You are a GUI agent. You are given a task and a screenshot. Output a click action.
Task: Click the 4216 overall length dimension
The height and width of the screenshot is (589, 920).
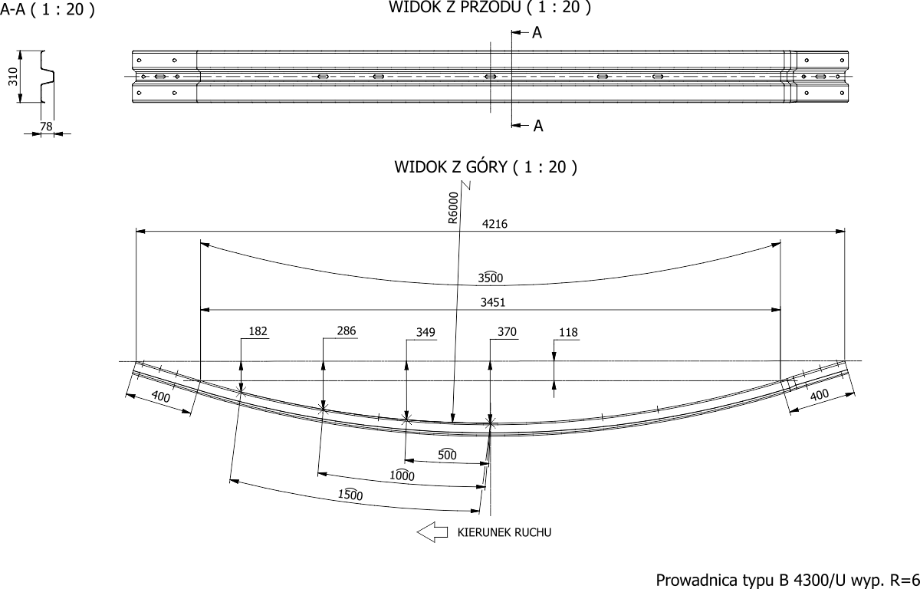(x=495, y=224)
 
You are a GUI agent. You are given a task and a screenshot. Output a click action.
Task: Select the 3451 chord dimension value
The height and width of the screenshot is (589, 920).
(x=493, y=303)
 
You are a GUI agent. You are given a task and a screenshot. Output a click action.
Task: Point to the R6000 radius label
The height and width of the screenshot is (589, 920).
(x=453, y=207)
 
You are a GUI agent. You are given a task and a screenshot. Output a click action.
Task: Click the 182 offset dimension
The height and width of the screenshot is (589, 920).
(x=258, y=332)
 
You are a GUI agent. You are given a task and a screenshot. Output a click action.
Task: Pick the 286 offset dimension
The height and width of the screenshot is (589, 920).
(x=347, y=331)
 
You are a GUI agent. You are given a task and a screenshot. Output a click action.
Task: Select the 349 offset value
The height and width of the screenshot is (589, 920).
(x=426, y=332)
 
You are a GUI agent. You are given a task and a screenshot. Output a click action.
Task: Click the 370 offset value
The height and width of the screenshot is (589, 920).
(x=507, y=332)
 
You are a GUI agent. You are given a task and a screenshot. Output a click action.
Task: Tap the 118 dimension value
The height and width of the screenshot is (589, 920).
(x=568, y=332)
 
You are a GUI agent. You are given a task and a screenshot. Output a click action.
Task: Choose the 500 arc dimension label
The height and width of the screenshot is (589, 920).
(x=447, y=455)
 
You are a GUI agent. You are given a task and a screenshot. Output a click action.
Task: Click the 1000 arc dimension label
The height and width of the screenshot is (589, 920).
(x=402, y=476)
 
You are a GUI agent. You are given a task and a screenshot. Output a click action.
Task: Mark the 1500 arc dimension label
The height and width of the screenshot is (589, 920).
(x=350, y=495)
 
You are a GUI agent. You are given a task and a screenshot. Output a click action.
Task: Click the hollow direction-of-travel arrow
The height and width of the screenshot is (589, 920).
(x=432, y=531)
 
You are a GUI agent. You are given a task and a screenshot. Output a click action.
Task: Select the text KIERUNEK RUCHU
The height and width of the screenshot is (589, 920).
(x=504, y=531)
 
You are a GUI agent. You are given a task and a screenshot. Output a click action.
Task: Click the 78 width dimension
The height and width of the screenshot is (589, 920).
(x=47, y=127)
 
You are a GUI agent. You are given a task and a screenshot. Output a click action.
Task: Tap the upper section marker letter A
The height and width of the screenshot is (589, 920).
(x=537, y=33)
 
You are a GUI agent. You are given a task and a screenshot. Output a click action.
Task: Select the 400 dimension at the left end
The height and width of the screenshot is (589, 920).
(x=160, y=397)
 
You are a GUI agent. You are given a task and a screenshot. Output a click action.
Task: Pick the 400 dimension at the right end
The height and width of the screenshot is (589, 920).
(x=819, y=396)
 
